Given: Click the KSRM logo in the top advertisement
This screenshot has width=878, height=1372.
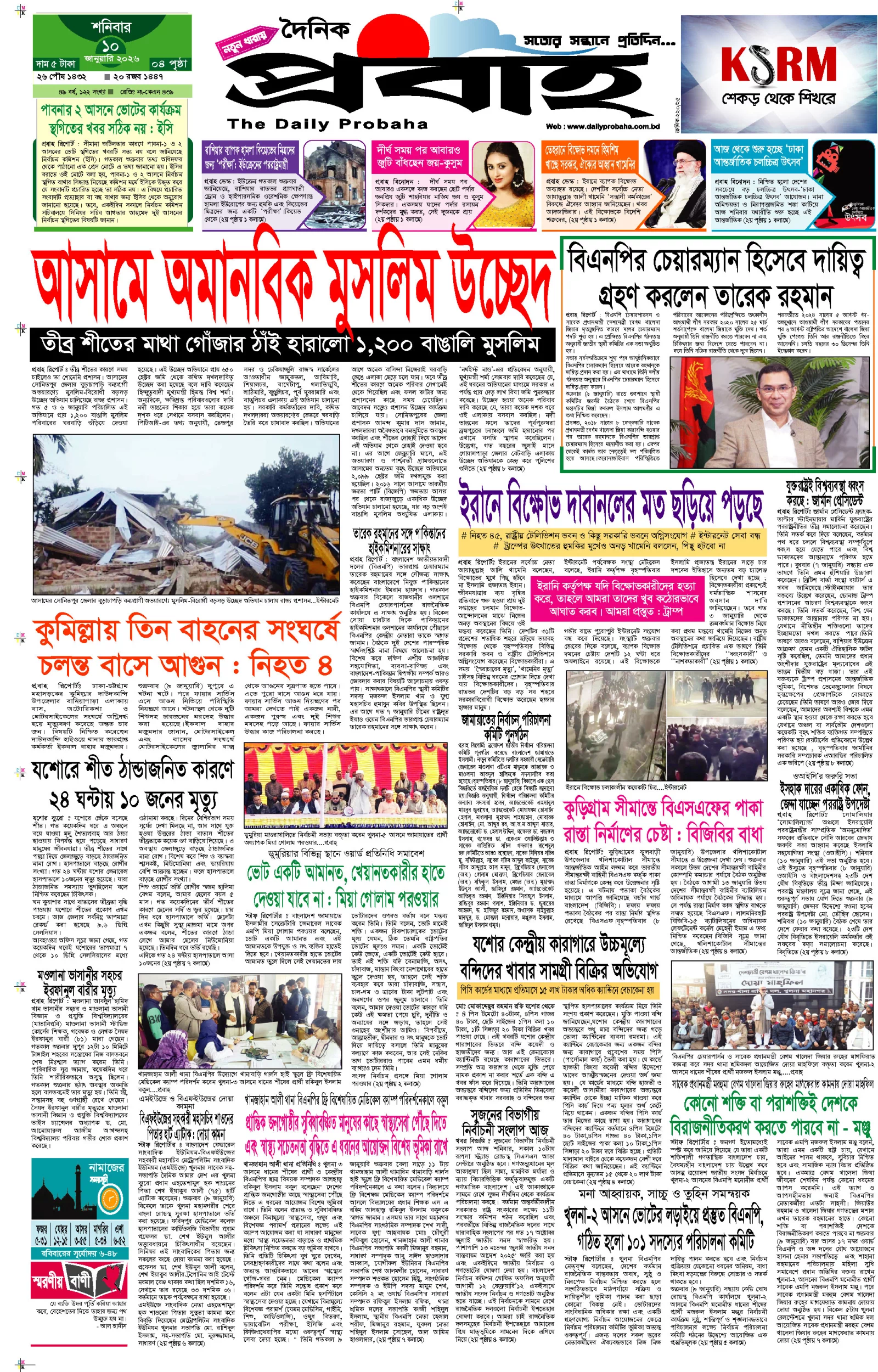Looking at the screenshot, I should click(778, 64).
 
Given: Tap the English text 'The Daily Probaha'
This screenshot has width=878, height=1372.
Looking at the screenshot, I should click(327, 123).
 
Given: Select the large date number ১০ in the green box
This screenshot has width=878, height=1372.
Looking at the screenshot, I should click(111, 46).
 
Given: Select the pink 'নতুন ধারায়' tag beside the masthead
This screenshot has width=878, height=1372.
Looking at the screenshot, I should click(244, 41).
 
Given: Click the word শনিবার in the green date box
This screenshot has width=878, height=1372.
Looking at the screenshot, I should click(111, 26).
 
